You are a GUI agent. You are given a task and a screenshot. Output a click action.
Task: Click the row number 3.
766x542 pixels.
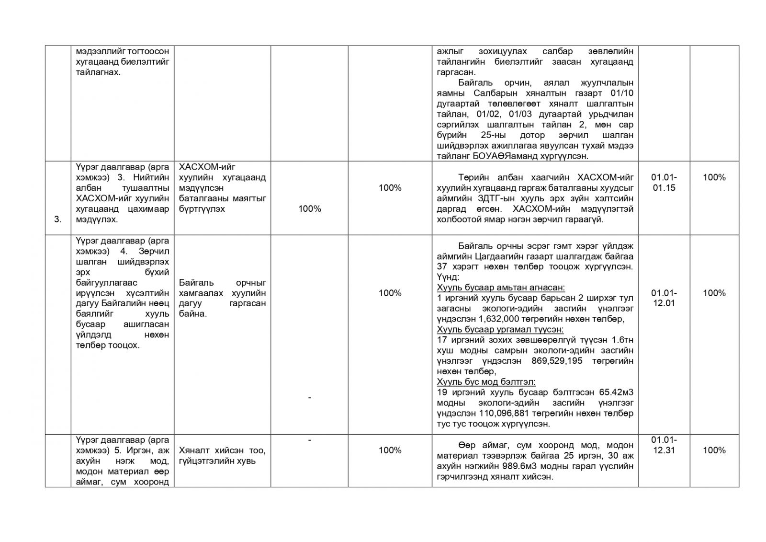(58, 219)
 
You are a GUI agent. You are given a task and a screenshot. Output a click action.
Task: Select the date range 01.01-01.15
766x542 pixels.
(664, 183)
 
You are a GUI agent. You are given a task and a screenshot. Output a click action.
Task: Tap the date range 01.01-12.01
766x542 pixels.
(664, 298)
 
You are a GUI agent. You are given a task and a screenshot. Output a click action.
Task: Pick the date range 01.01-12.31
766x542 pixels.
(664, 445)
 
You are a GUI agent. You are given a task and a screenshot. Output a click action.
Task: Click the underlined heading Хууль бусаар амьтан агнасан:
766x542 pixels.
(501, 288)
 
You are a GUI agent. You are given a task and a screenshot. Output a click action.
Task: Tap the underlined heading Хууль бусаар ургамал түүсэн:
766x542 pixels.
(500, 330)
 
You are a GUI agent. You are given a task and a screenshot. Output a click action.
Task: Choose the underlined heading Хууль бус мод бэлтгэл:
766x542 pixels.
(486, 382)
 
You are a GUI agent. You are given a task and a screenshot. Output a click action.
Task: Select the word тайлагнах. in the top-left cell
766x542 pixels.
(98, 72)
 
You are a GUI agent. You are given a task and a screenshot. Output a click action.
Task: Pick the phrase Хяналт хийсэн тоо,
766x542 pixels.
(222, 450)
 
